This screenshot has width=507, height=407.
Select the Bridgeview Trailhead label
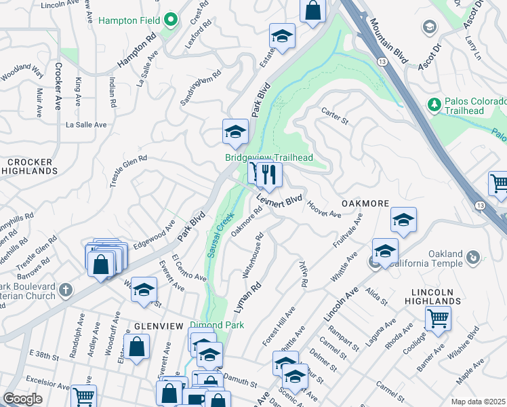tap(269, 157)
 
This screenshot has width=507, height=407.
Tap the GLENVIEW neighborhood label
tap(158, 326)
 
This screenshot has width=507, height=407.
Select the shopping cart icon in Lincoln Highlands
tap(437, 317)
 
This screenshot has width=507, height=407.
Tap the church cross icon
tap(65, 290)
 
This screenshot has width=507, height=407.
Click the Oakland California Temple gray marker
tap(473, 256)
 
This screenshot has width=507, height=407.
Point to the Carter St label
tap(334, 116)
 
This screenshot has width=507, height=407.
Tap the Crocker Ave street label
tap(58, 87)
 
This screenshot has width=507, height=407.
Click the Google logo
tap(23, 399)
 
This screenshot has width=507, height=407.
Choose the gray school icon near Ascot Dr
tap(428, 26)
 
